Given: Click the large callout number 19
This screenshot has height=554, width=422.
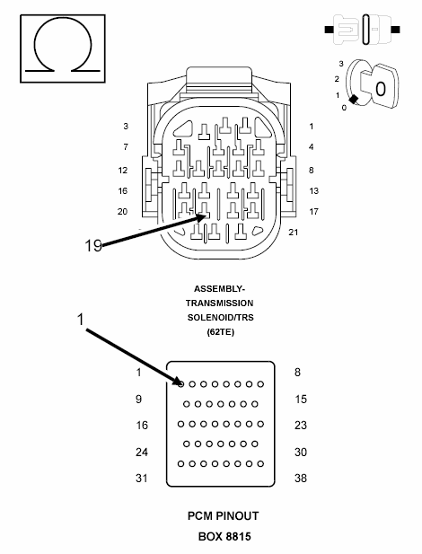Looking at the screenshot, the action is (x=93, y=245).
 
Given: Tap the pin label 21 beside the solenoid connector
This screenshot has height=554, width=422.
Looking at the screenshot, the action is (x=294, y=233).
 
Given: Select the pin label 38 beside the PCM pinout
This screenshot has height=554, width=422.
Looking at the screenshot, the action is (x=301, y=478).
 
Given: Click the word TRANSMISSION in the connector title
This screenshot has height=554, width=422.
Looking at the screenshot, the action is (x=219, y=303).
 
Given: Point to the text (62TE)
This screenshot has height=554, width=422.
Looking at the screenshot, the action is (x=221, y=331).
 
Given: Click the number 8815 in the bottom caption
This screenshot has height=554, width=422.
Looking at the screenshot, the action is (x=238, y=537).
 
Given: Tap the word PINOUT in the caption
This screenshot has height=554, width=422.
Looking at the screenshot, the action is (x=237, y=516).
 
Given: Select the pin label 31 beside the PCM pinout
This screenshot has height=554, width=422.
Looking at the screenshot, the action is (x=142, y=478).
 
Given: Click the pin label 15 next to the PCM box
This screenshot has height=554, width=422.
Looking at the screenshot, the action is (x=301, y=400).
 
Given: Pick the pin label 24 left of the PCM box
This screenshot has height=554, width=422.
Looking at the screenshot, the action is (x=142, y=452).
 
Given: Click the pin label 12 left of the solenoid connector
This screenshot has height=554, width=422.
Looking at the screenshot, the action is (x=123, y=171).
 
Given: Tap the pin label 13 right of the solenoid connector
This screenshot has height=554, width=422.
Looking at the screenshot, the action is (x=314, y=190).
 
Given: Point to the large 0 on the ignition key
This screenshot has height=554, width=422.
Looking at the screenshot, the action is (x=381, y=89).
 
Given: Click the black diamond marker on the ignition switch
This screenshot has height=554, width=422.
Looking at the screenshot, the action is (x=353, y=100).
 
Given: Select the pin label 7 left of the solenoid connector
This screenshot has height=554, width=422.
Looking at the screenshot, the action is (x=126, y=146).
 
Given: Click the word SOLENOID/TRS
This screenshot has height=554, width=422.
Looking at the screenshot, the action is (x=221, y=317).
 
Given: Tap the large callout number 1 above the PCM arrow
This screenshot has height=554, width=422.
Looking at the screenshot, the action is (x=81, y=320).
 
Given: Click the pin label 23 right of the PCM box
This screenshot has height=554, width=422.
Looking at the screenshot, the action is (x=301, y=425).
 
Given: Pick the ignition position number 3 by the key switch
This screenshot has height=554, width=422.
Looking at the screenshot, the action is (x=341, y=64).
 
